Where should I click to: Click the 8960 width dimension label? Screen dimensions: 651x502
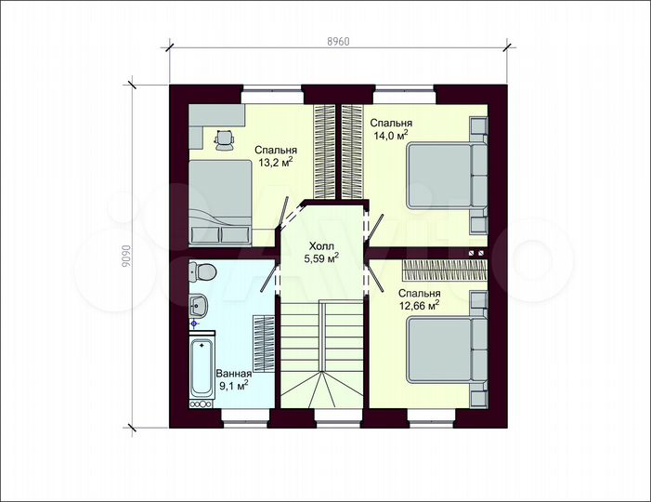[338, 41]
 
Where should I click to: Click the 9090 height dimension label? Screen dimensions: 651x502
[126, 256]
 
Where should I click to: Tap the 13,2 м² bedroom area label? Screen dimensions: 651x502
[275, 156]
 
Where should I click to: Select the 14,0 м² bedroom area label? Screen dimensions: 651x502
[391, 129]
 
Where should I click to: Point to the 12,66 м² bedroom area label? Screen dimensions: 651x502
[420, 299]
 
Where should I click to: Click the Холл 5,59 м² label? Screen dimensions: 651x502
[321, 252]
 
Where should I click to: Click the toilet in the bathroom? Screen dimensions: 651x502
[202, 271]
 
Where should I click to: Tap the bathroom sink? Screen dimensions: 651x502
[198, 306]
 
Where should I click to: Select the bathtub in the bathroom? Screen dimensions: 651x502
[202, 369]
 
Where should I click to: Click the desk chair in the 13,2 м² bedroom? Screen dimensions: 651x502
[225, 139]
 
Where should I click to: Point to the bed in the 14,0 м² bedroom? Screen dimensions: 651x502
[447, 175]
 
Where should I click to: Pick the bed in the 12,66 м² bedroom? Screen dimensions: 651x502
[447, 350]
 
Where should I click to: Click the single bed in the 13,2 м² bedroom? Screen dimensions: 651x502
[220, 202]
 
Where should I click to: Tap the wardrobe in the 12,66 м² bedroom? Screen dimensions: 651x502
[444, 271]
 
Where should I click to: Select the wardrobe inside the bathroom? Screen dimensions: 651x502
[264, 344]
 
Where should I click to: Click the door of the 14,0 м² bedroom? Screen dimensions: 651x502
[374, 227]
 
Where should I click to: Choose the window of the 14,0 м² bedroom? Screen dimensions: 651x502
[405, 95]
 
